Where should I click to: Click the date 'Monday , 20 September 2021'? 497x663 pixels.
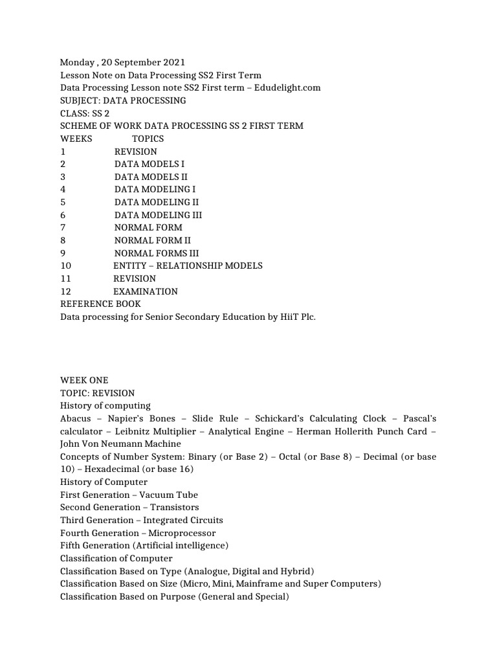(x=122, y=62)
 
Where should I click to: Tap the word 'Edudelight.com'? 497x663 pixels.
(x=287, y=87)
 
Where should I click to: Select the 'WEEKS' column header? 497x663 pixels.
(x=76, y=139)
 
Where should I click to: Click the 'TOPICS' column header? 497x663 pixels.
(x=148, y=139)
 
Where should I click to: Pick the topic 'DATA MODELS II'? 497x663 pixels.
(x=151, y=177)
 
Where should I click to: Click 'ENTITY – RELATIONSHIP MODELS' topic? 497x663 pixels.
(x=188, y=265)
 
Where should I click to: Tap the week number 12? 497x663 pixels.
(x=65, y=291)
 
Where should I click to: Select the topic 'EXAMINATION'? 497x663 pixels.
(x=145, y=291)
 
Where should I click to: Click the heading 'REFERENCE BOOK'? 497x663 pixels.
(x=100, y=304)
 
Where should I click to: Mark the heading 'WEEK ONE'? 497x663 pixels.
(x=84, y=380)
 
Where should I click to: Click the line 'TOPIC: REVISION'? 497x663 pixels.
(x=98, y=393)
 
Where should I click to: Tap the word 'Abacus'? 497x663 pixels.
(x=76, y=418)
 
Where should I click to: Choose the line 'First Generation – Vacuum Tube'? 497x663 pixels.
(x=129, y=495)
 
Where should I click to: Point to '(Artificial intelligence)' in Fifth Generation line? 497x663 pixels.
(x=182, y=546)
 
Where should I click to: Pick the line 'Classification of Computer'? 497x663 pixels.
(x=116, y=558)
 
